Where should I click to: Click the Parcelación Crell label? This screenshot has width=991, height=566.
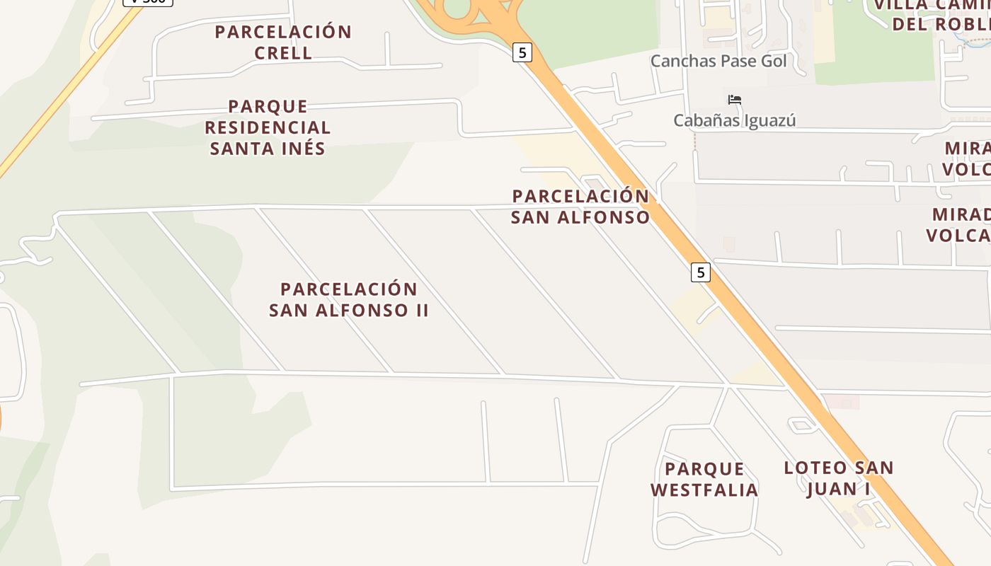click(x=283, y=42)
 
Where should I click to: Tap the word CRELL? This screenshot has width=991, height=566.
click(x=283, y=53)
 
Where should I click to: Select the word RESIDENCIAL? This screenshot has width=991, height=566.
click(x=268, y=127)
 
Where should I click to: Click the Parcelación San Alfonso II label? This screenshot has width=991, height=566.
click(x=349, y=299)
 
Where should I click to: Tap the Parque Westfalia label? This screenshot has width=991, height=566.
click(x=704, y=479)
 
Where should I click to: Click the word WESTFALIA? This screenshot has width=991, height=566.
click(x=704, y=490)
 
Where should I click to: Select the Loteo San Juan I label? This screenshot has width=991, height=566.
click(x=839, y=478)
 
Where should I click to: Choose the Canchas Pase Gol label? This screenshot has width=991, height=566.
click(x=718, y=61)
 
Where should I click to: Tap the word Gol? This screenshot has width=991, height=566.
click(x=773, y=61)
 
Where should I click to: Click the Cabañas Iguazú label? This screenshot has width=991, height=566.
click(x=734, y=120)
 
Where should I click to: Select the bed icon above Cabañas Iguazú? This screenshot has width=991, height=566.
click(x=735, y=100)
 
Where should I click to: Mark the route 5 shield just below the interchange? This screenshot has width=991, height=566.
click(x=522, y=52)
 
